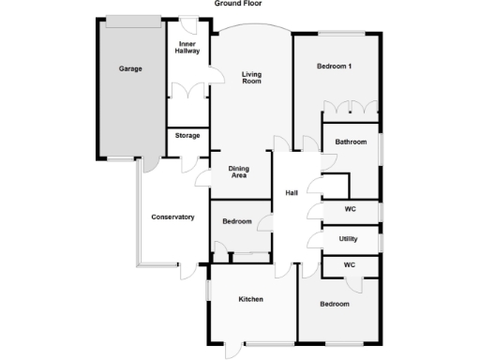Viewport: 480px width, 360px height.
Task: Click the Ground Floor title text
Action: [x=239, y=4]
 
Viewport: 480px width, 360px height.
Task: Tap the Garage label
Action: [x=130, y=68]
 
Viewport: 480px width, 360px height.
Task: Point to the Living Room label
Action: [x=250, y=78]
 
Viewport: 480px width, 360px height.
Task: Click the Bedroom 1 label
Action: [x=335, y=66]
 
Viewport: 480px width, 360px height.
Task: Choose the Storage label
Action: [x=187, y=136]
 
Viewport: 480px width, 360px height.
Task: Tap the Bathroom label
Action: [x=352, y=142]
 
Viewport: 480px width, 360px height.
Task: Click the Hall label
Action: [x=292, y=193]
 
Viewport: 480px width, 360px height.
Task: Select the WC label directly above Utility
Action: [x=350, y=209]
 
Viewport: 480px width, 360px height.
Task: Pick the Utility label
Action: [x=349, y=239]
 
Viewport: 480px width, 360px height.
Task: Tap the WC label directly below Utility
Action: [x=350, y=265]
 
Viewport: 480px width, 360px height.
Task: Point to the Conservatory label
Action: [x=172, y=217]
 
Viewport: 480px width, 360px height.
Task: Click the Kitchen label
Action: [x=250, y=299]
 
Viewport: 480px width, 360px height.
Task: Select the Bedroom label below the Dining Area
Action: [x=236, y=221]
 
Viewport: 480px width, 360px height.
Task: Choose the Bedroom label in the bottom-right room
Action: [x=334, y=304]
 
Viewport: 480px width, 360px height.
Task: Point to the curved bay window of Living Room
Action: [x=250, y=29]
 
